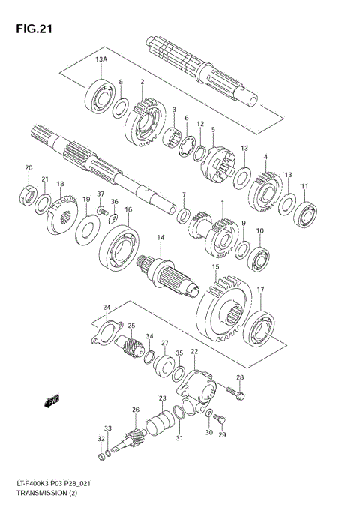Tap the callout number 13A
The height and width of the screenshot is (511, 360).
[101, 59]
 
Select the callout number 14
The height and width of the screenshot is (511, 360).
[160, 238]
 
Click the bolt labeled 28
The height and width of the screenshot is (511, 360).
[233, 390]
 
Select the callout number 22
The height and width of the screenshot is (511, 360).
[194, 352]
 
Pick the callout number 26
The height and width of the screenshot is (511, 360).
[136, 409]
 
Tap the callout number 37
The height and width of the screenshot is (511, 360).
[100, 194]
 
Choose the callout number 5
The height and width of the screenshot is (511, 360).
[213, 129]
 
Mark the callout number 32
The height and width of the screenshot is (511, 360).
[100, 439]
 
